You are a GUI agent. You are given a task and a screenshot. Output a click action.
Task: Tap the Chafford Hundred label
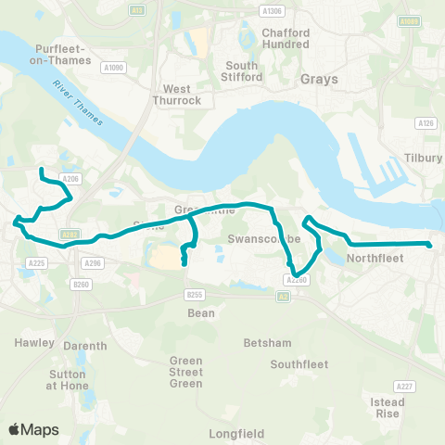259,38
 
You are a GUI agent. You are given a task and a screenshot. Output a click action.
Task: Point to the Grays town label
320,80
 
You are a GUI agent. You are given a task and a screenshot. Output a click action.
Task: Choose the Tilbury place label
424,159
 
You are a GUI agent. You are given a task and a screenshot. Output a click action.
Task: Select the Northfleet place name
375,259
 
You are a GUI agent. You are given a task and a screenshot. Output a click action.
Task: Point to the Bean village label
201,313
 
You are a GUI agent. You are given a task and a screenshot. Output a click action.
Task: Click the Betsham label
262,343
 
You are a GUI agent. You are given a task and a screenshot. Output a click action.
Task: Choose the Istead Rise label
387,408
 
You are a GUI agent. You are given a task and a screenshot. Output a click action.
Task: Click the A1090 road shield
113,68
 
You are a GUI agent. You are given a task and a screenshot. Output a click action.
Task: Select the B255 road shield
194,295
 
